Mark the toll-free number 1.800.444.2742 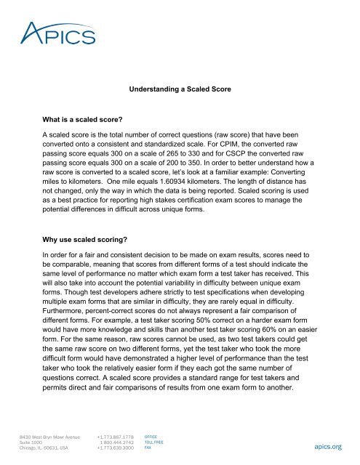[119, 442]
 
